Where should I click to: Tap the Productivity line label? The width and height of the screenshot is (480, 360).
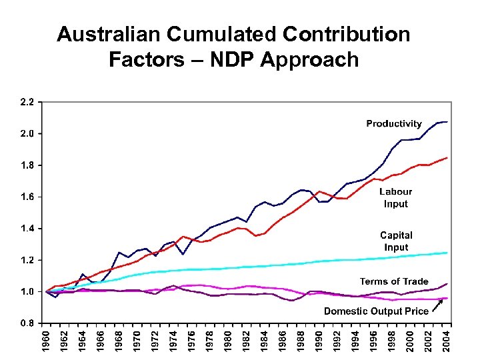click(393, 123)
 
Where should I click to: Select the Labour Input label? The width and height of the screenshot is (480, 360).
click(395, 197)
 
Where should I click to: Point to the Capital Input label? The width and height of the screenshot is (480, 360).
click(396, 241)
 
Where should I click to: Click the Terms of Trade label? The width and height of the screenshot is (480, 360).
click(394, 281)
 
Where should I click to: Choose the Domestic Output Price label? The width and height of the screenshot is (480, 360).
click(376, 311)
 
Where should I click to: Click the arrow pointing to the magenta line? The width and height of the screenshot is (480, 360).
click(437, 305)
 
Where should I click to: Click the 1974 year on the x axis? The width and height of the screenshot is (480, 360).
click(173, 341)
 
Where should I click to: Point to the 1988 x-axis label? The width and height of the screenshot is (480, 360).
click(300, 341)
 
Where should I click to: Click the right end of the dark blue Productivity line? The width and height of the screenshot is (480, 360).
click(447, 122)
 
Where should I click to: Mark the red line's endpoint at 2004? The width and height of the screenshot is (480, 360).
click(447, 158)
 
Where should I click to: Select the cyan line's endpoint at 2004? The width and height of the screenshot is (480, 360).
click(447, 253)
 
